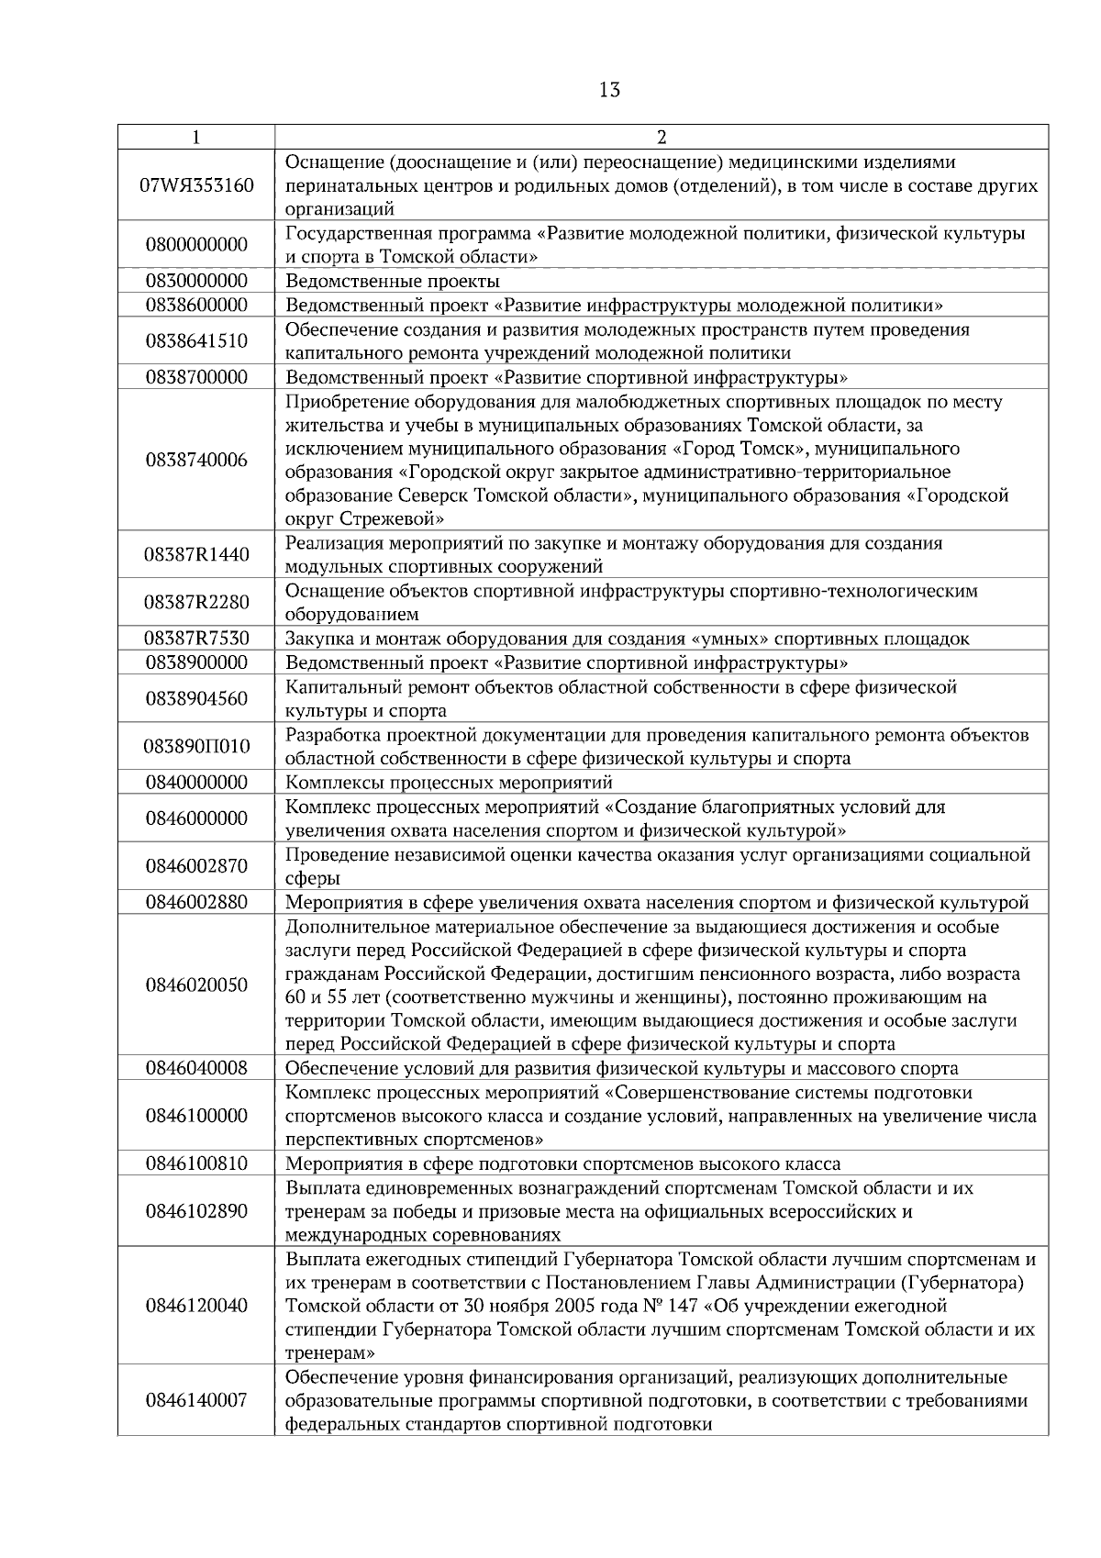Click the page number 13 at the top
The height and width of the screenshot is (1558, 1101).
pyautogui.click(x=609, y=90)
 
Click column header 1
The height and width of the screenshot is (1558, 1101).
pyautogui.click(x=196, y=138)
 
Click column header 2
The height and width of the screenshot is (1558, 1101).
pyautogui.click(x=662, y=138)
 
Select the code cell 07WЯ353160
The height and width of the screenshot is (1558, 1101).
pyautogui.click(x=196, y=185)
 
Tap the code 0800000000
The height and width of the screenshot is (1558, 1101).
pyautogui.click(x=196, y=245)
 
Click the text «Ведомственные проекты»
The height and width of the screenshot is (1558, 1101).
pyautogui.click(x=393, y=281)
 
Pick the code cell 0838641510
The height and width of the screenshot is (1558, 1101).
pyautogui.click(x=196, y=341)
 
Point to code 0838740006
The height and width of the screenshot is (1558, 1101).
pyautogui.click(x=196, y=461)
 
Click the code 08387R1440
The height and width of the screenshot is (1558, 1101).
pyautogui.click(x=196, y=555)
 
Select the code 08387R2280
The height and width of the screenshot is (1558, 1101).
pyautogui.click(x=196, y=603)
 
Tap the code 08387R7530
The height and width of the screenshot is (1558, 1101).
pyautogui.click(x=196, y=639)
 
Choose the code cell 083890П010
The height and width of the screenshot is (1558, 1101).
pyautogui.click(x=196, y=746)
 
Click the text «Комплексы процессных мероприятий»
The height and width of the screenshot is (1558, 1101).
pyautogui.click(x=449, y=783)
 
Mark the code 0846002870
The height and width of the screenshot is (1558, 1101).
pyautogui.click(x=196, y=866)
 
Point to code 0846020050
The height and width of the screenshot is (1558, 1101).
pyautogui.click(x=196, y=985)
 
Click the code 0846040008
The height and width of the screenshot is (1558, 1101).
pyautogui.click(x=196, y=1068)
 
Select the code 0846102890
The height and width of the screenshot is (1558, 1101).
pyautogui.click(x=196, y=1211)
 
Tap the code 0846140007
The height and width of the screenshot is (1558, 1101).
pyautogui.click(x=196, y=1401)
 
